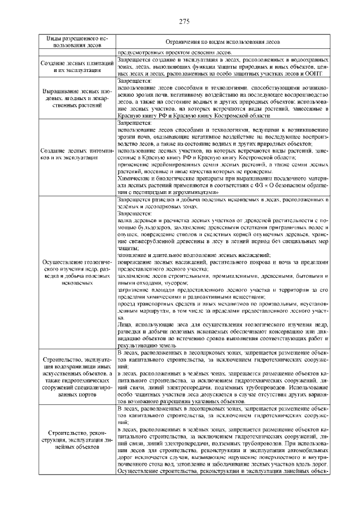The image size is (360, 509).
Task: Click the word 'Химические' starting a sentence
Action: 135,179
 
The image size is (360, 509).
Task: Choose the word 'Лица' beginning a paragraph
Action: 124,325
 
